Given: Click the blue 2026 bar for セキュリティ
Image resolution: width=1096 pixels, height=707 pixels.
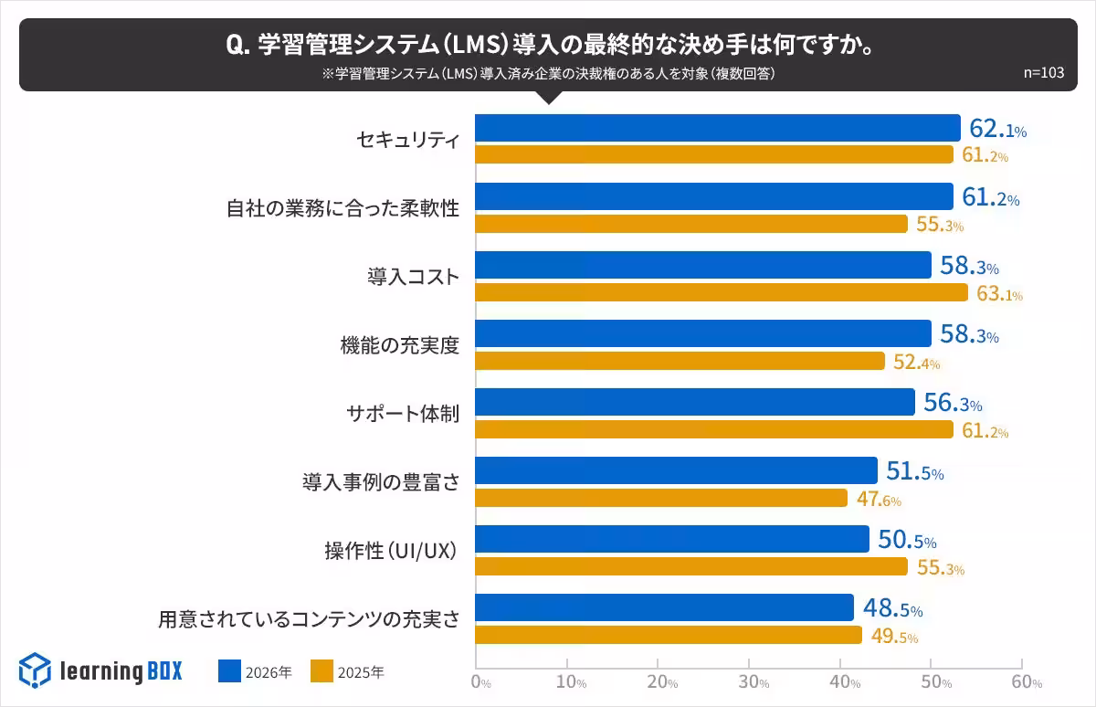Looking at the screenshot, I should (718, 128).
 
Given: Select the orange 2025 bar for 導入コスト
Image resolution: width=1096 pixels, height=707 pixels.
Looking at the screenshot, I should (722, 292).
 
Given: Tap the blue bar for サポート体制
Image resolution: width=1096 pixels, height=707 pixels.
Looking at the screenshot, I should (695, 402).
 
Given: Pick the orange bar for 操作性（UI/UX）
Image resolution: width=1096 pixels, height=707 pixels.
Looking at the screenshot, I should (691, 566).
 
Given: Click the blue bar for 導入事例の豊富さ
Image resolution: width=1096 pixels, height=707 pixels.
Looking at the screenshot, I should (676, 470).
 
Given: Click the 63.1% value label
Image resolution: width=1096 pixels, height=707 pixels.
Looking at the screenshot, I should (999, 294).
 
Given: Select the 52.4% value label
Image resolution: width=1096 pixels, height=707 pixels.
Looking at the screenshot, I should (916, 363).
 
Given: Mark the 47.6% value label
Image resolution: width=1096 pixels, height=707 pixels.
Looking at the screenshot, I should (879, 500).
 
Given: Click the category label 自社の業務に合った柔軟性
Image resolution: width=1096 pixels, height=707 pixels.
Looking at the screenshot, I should (342, 208).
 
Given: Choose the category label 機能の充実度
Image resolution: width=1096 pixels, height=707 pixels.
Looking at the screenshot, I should (399, 345).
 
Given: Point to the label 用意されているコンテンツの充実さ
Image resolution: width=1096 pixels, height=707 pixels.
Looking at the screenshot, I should (309, 619).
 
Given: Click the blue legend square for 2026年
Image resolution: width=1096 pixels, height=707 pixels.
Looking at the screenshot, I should (229, 671).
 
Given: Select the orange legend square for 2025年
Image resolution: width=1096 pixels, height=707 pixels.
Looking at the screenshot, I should (321, 671).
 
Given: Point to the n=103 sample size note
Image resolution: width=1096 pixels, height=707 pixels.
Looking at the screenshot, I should (1043, 74).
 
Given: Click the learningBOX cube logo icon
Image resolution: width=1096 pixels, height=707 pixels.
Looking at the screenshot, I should (35, 670).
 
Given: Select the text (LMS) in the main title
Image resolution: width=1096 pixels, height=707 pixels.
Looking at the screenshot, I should (475, 45).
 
